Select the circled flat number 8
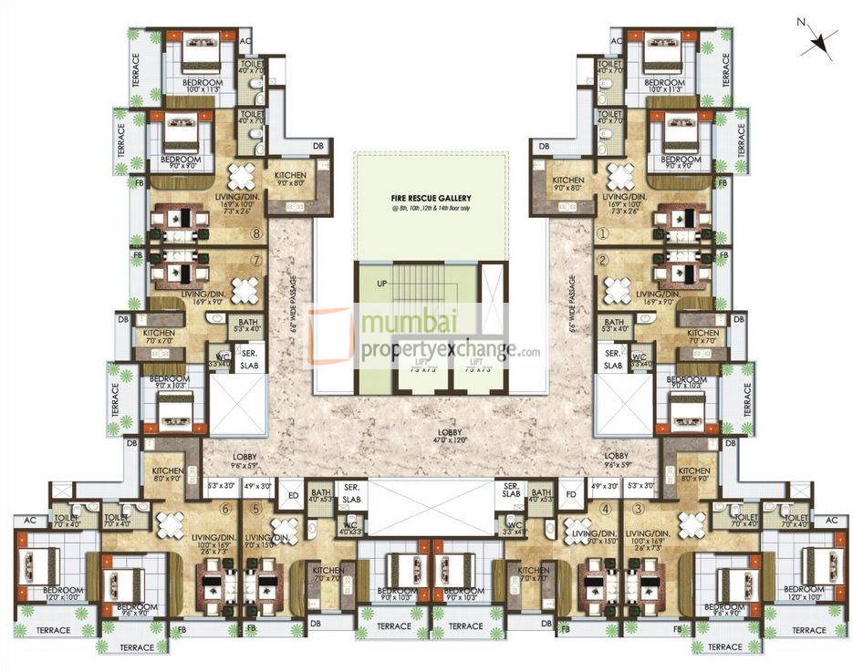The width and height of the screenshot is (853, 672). coord(257,233)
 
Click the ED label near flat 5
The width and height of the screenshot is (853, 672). coord(293,496)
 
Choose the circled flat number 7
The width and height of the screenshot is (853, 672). coord(257,261)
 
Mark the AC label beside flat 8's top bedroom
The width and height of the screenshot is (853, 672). coord(244,41)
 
